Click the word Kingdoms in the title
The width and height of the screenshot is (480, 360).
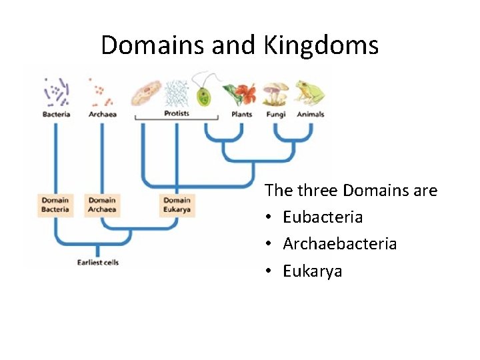pos(321,45)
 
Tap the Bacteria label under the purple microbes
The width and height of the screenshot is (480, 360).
pos(57,114)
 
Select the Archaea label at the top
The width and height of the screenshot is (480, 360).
pos(102,114)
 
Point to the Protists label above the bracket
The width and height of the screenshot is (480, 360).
pos(177,113)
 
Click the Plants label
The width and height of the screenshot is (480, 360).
pos(241,114)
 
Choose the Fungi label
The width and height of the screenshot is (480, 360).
pos(275,114)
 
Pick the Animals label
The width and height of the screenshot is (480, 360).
pos(310,114)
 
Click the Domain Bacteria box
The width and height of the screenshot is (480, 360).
pos(55,205)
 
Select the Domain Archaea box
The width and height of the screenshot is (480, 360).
pos(102,205)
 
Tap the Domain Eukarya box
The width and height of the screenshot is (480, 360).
pos(177,205)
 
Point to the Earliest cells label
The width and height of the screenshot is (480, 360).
pos(97,262)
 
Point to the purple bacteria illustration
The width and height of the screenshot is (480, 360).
pos(57,91)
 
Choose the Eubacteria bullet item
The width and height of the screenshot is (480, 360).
pos(323,217)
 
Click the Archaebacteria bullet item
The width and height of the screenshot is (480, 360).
pos(339,244)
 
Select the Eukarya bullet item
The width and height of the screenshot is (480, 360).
pos(312,271)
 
